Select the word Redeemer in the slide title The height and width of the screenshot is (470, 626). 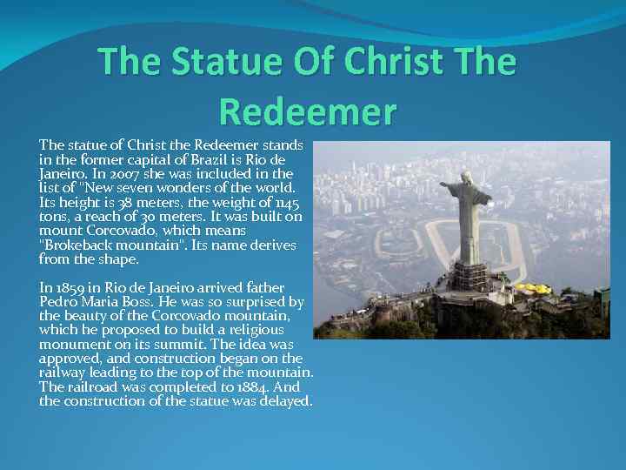308,111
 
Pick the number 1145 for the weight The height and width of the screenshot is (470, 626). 281,203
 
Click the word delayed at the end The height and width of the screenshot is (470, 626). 288,401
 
